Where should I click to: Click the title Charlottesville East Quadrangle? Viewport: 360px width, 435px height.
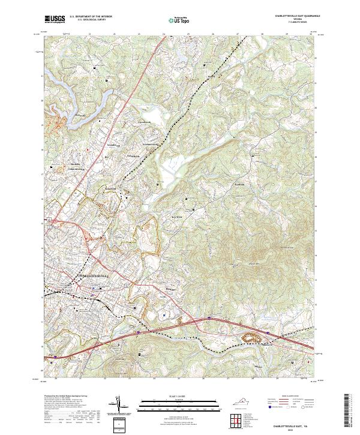[296, 16]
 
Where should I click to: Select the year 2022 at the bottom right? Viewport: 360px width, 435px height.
[294, 428]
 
